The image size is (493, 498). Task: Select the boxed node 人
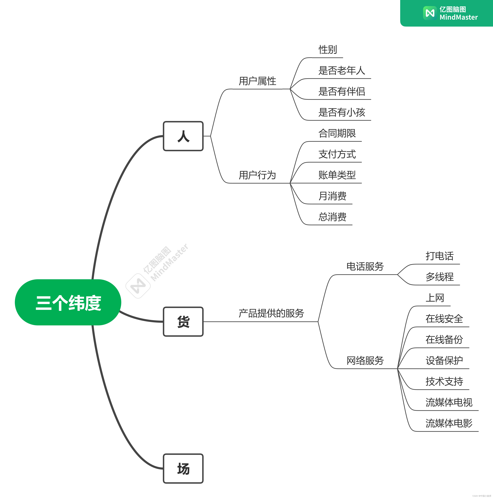coord(183,136)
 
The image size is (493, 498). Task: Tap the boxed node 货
coord(183,322)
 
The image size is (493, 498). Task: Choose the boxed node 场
coord(183,469)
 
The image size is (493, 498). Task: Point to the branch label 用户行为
coord(257,175)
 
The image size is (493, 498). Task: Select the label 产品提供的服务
coord(271,313)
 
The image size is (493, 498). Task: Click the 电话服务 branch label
coord(365,267)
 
